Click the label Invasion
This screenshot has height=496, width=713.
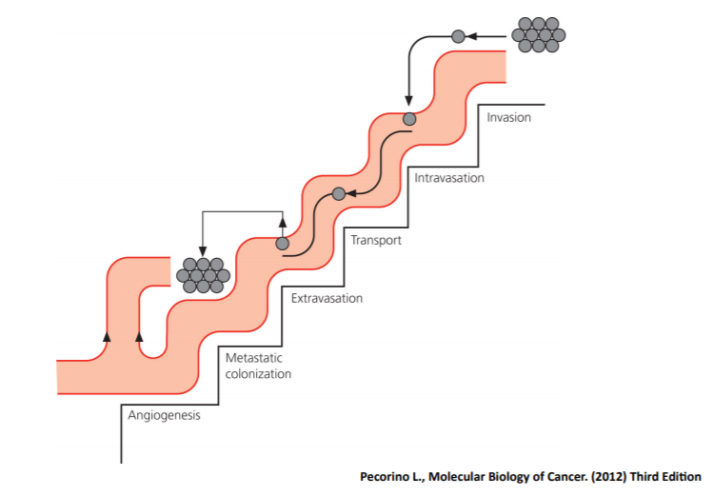[508, 118]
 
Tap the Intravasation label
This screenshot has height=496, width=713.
[449, 178]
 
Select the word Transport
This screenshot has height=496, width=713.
[376, 240]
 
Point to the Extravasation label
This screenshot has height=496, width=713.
[327, 299]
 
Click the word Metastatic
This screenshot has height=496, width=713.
[254, 358]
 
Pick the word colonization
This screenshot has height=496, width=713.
[258, 374]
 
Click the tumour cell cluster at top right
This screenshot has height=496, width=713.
[538, 34]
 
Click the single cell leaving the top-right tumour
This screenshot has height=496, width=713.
[458, 36]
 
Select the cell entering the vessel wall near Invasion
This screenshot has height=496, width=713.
[409, 119]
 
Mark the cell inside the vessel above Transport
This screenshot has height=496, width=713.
[338, 194]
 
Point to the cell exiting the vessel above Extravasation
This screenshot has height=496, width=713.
[283, 244]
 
